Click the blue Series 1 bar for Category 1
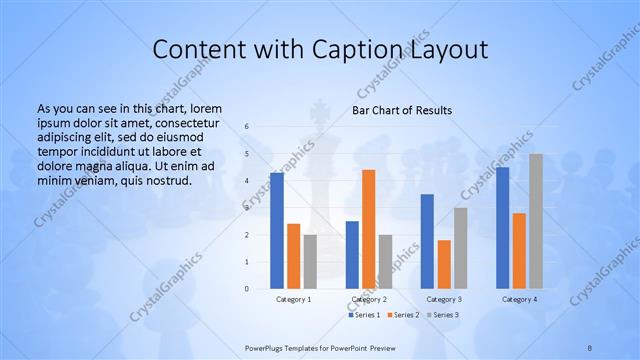click(276, 231)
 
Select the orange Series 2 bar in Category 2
click(368, 229)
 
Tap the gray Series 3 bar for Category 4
click(536, 221)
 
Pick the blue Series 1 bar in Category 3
click(427, 241)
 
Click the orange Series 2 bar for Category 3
click(444, 264)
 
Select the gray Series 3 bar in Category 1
click(310, 262)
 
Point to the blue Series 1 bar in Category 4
click(502, 228)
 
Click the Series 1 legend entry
click(364, 315)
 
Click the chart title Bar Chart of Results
click(402, 110)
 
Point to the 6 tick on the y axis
click(247, 127)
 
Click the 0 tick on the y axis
click(247, 289)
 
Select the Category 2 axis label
click(368, 299)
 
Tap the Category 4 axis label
click(519, 299)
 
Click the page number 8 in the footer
click(590, 348)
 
